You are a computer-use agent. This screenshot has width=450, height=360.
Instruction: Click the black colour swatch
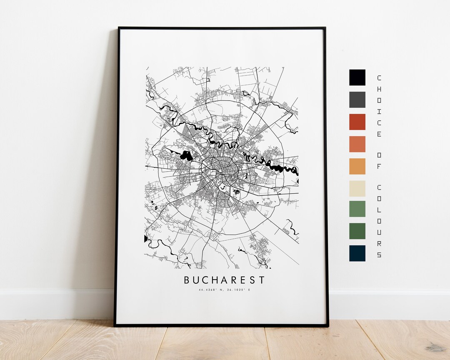pyautogui.click(x=357, y=77)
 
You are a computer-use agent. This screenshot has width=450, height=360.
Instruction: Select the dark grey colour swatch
pyautogui.click(x=357, y=100)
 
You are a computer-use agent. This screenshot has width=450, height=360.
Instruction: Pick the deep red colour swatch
pyautogui.click(x=357, y=122)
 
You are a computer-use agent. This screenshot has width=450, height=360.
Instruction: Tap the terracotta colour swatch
pyautogui.click(x=357, y=144)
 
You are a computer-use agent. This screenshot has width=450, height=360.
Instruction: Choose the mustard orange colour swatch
pyautogui.click(x=357, y=166)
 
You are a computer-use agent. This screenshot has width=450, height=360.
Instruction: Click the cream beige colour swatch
pyautogui.click(x=357, y=188)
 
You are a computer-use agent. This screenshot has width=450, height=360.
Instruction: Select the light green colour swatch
pyautogui.click(x=357, y=209)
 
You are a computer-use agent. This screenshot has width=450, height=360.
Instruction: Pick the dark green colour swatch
pyautogui.click(x=357, y=231)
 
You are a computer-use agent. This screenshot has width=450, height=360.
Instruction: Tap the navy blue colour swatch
pyautogui.click(x=357, y=253)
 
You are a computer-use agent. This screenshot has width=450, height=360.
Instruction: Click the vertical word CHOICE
pyautogui.click(x=379, y=106)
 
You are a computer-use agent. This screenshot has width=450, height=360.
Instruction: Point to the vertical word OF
pyautogui.click(x=379, y=161)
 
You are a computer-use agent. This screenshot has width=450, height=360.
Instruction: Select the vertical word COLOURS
pyautogui.click(x=379, y=220)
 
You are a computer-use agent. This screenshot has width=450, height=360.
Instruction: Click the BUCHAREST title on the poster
pyautogui.click(x=224, y=280)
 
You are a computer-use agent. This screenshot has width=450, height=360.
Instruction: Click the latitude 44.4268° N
pyautogui.click(x=211, y=290)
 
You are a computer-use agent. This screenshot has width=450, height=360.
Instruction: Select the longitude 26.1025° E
pyautogui.click(x=238, y=290)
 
